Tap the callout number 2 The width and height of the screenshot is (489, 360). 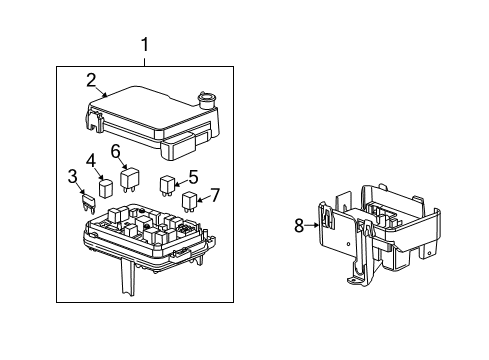[91, 80]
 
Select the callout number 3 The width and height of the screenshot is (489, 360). [73, 177]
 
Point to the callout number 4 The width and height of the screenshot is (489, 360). [90, 159]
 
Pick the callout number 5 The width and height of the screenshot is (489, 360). [193, 176]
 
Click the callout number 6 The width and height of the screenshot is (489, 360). [116, 151]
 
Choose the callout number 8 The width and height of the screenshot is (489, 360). [298, 226]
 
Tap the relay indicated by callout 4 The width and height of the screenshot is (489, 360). [105, 185]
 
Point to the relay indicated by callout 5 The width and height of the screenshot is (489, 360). [167, 183]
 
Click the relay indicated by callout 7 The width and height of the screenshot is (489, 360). [189, 200]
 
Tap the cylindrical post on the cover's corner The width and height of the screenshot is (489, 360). [208, 100]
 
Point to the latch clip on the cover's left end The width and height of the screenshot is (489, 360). [95, 122]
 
